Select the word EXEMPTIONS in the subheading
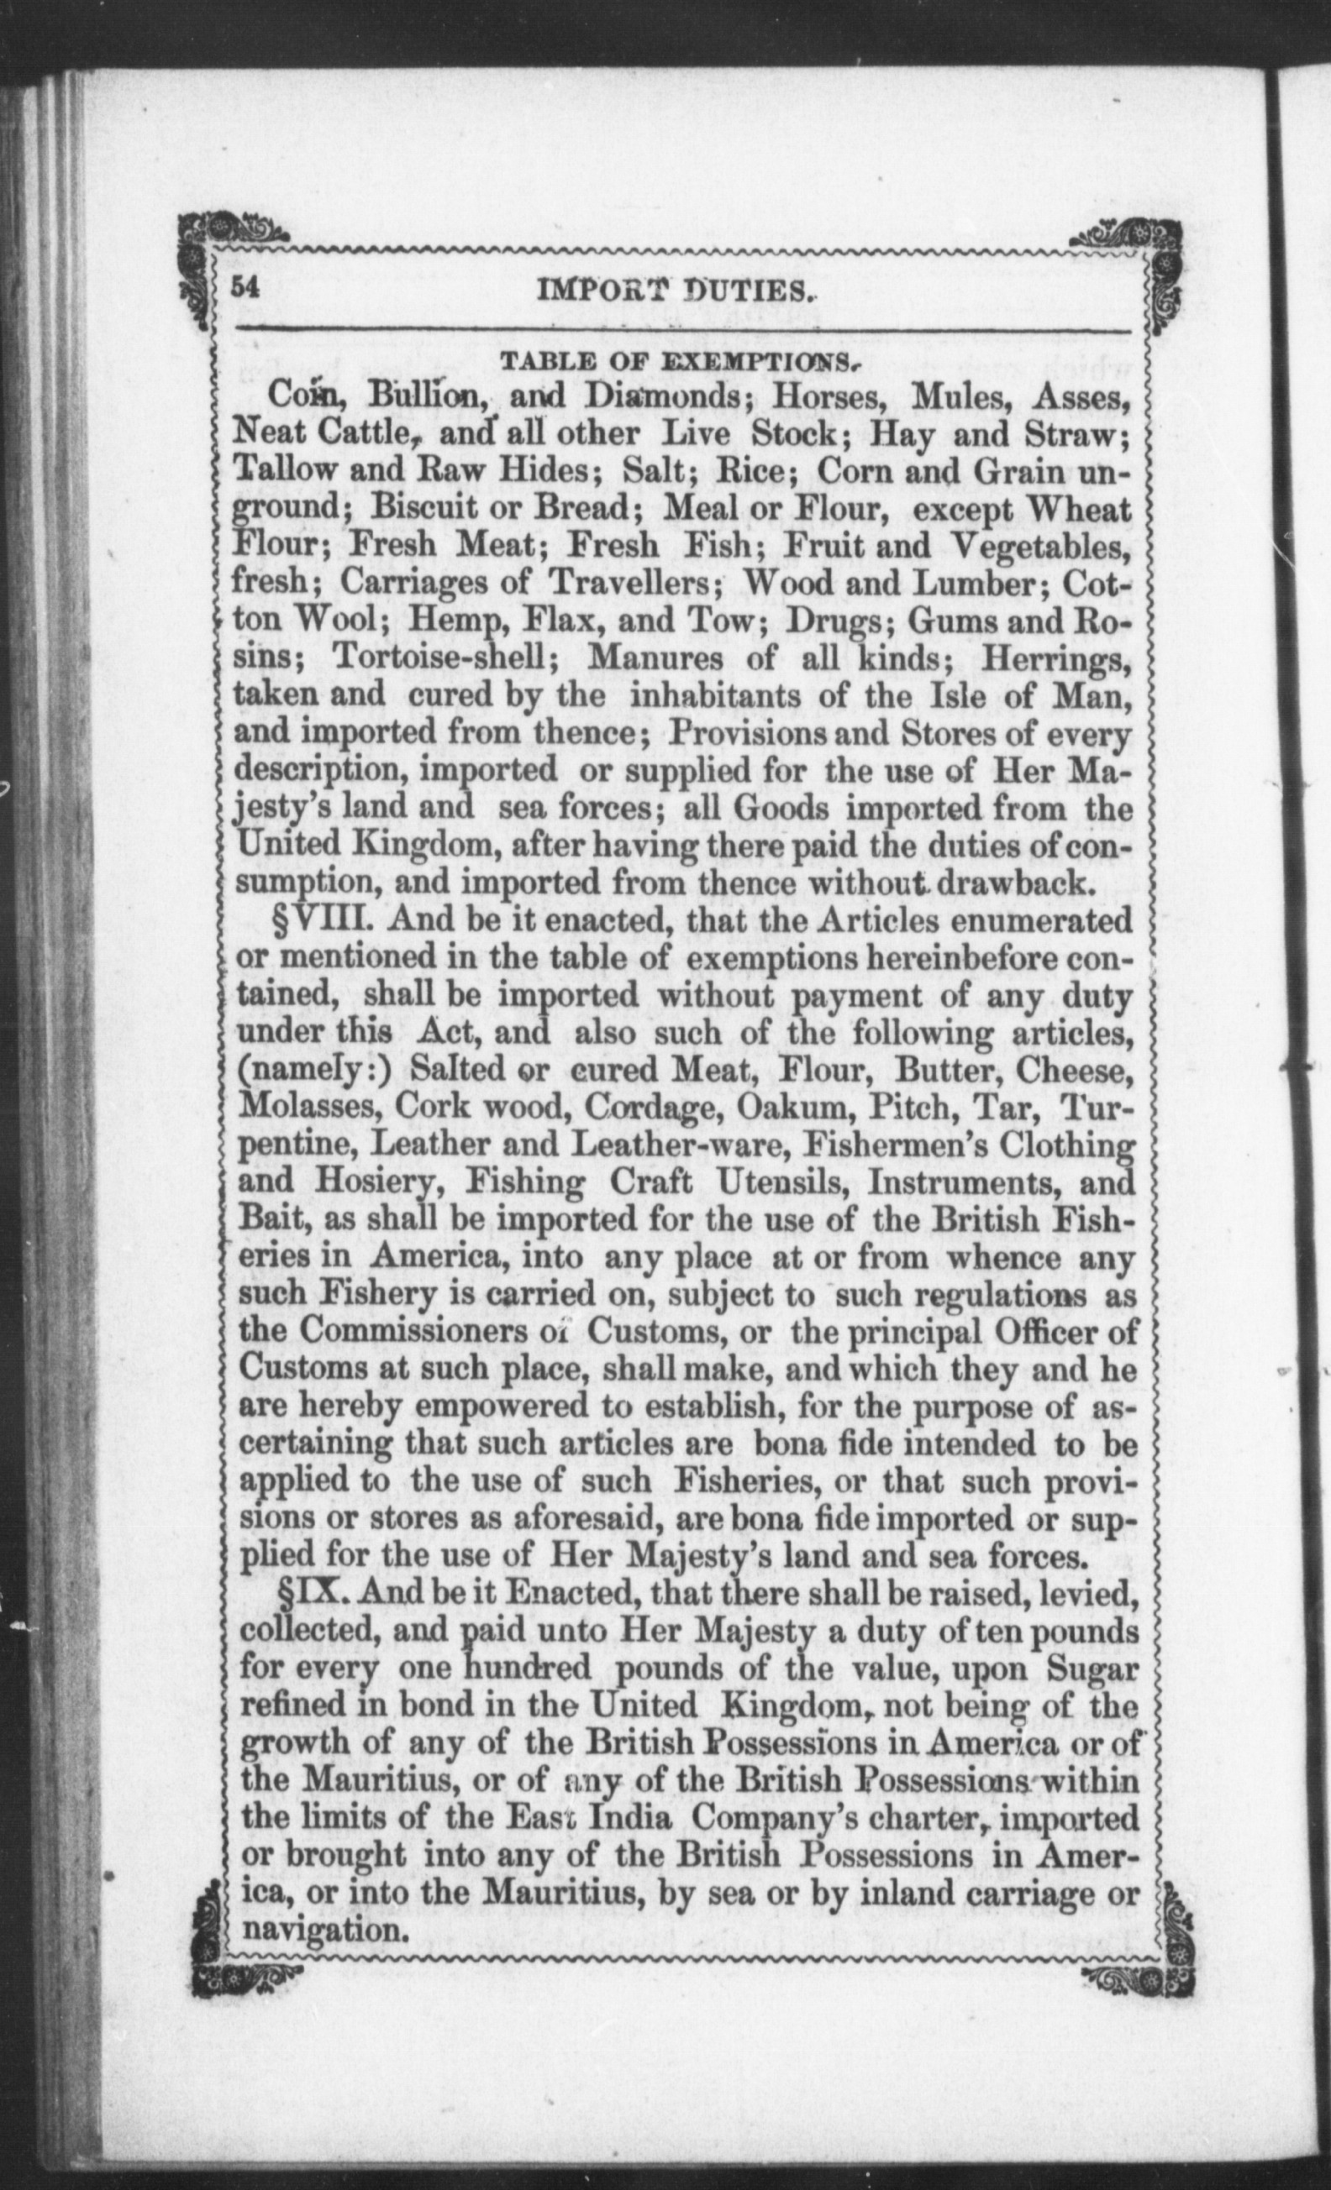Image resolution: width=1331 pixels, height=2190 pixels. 765,362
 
